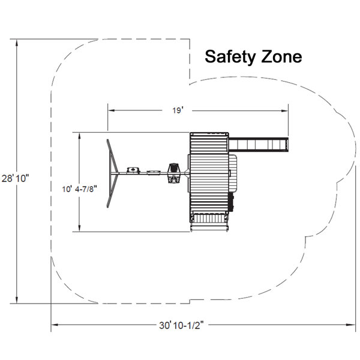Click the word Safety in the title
tap(230, 57)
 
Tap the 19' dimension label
tap(177, 110)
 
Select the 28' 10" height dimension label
tap(16, 178)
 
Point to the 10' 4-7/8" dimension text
tap(79, 189)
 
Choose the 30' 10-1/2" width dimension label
tap(181, 325)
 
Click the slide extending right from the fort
tap(259, 145)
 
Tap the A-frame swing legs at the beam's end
tap(112, 173)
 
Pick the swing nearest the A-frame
tap(133, 170)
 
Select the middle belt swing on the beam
tap(154, 172)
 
